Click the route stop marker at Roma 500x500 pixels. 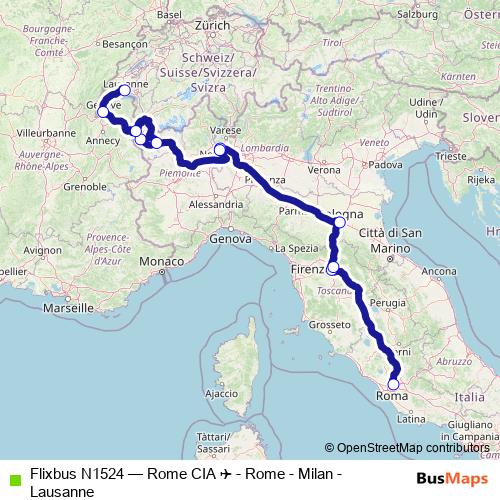pos(393,384)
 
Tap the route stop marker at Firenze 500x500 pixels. pos(333,268)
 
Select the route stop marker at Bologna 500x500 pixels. pos(340,222)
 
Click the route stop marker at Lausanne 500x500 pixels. pos(125,90)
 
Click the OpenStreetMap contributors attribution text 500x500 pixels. pos(410,448)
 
